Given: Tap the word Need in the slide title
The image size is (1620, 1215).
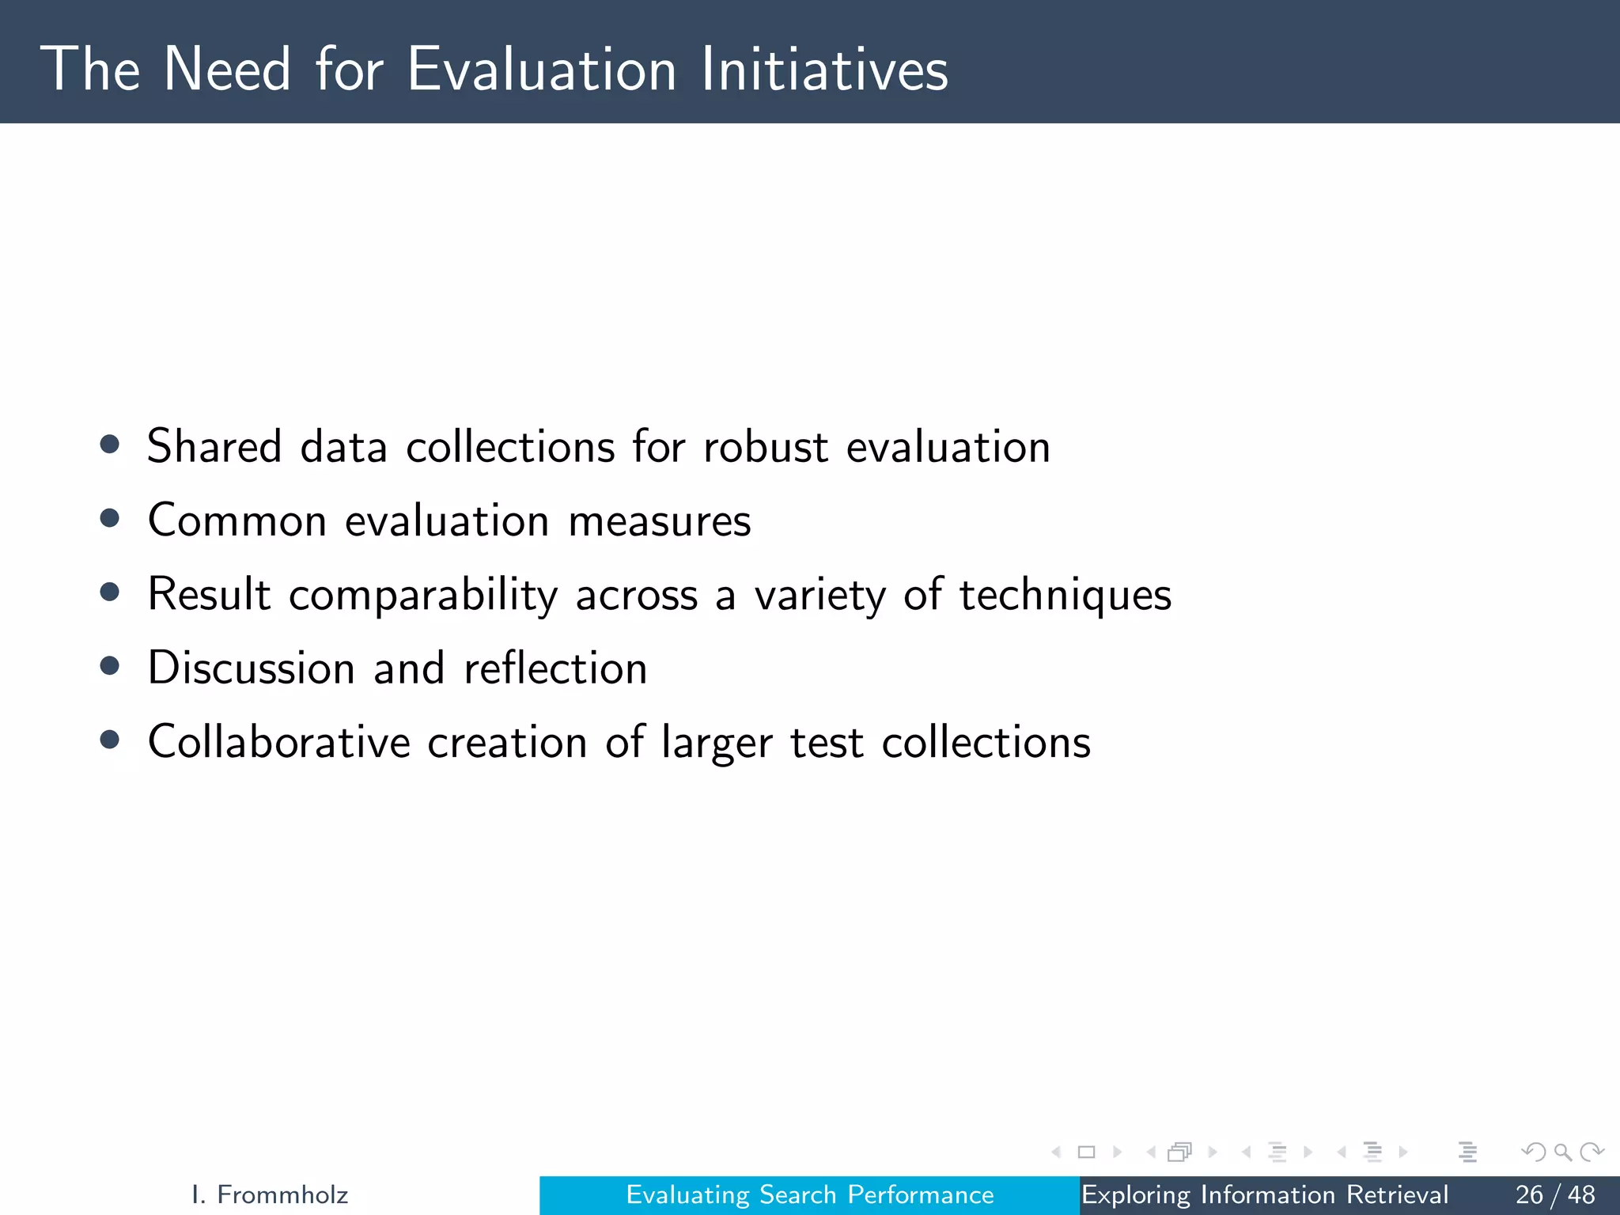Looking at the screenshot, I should pos(228,70).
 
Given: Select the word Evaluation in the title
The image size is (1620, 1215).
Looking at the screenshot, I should pos(542,70).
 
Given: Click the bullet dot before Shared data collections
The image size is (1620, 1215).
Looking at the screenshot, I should pos(110,444).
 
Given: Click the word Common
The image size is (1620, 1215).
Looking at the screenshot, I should pos(237,521).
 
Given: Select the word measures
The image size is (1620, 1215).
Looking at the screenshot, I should pos(660,521).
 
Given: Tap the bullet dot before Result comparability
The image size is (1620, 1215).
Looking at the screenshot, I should pos(110,592).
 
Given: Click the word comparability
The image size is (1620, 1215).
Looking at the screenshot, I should pos(423,595).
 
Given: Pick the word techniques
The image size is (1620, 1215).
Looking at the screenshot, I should pos(1065,595).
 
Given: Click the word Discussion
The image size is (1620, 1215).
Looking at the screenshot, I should pos(252,668).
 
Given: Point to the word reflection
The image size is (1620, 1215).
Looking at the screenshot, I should pos(555,668).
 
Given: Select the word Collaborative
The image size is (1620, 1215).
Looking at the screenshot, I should pos(279,742).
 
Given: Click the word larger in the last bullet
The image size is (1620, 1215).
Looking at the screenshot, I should pos(717,744).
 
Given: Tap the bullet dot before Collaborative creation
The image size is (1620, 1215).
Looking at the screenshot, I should pos(110,740).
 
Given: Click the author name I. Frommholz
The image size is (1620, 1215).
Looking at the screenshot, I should pos(270,1194).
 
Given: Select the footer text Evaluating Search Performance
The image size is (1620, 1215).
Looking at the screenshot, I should pos(809,1194).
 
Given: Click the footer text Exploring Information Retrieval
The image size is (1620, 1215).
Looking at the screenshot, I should pos(1264,1194).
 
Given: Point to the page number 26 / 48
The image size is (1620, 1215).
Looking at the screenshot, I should pos(1554,1194).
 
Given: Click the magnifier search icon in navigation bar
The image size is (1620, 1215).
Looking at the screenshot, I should pos(1562,1152).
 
